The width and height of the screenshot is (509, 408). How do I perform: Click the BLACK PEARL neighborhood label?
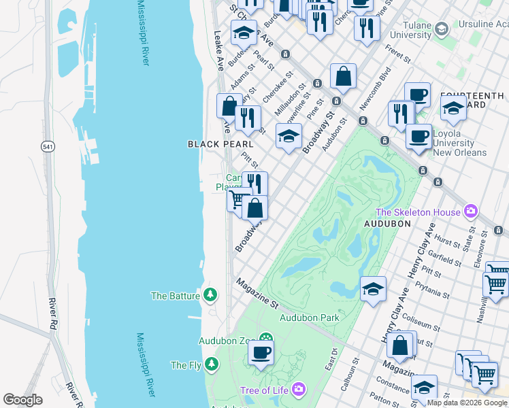[220, 144]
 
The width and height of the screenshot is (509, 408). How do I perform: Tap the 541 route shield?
[47, 146]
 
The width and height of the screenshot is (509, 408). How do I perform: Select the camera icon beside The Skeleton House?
[470, 212]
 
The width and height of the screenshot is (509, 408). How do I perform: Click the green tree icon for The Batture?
[211, 295]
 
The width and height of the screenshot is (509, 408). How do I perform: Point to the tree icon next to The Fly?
[212, 365]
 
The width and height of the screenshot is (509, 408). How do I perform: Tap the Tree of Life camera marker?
[299, 390]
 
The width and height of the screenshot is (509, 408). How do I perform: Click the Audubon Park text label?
[309, 318]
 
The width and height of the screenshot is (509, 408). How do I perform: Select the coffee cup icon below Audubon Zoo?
[261, 353]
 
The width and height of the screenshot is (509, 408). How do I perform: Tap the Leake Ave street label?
[219, 52]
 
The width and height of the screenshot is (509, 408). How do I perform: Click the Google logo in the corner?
[23, 400]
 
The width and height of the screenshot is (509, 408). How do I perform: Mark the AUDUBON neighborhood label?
[388, 223]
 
